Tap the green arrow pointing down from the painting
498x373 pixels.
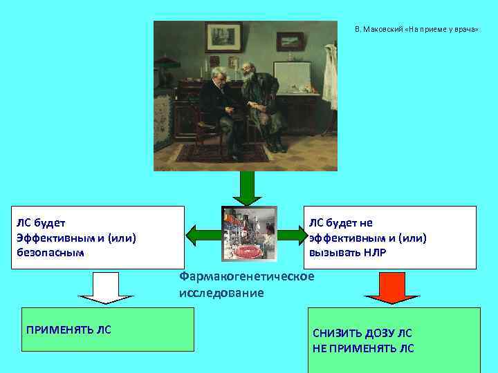247,187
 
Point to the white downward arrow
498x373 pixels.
106,287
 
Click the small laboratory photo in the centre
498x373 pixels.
249,233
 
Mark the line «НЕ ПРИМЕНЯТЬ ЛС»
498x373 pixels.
363,347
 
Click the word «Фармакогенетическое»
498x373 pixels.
246,276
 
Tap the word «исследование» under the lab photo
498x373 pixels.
221,292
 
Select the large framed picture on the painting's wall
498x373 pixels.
223,37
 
